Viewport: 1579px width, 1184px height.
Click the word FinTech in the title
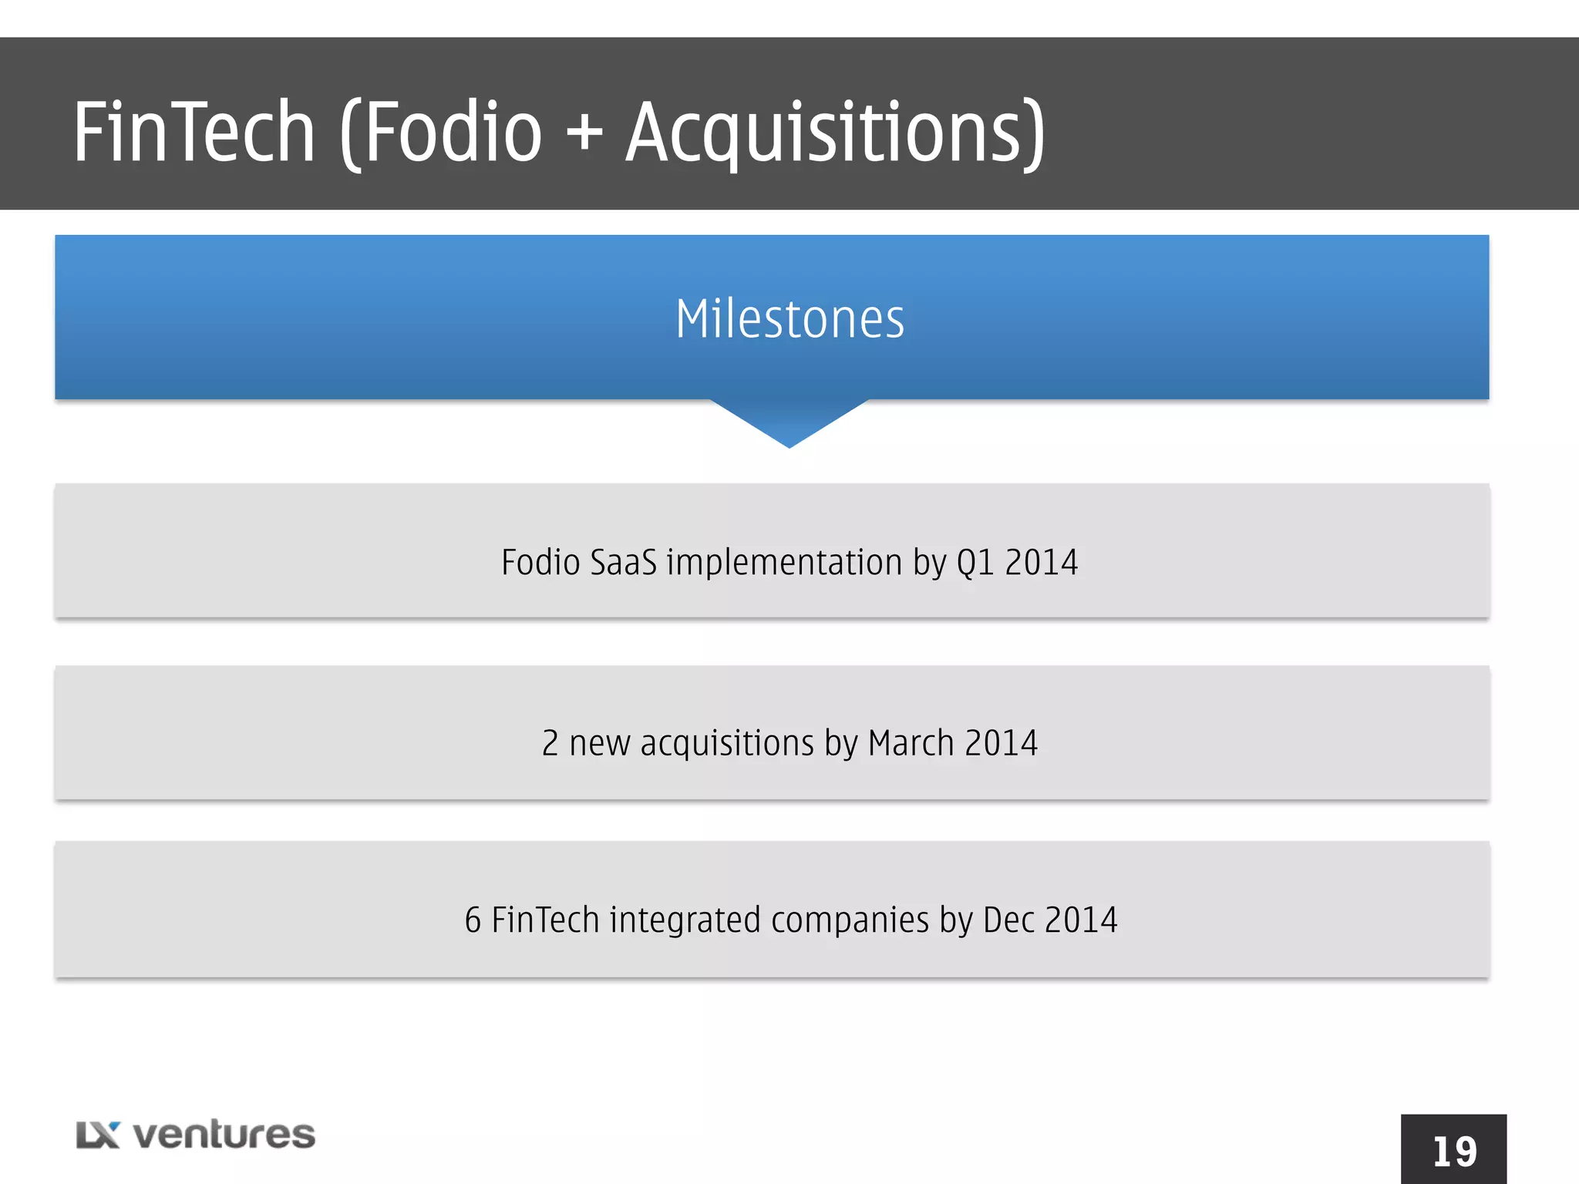point(194,133)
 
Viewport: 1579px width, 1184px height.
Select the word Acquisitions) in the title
point(835,133)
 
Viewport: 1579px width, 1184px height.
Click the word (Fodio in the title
point(441,133)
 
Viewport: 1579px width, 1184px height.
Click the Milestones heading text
point(789,319)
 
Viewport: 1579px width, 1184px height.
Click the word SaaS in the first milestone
point(623,562)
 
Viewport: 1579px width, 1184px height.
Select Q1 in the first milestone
point(975,562)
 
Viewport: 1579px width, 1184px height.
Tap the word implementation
point(784,562)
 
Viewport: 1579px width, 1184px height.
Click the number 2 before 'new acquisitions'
point(550,743)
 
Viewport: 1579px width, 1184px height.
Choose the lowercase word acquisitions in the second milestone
point(726,743)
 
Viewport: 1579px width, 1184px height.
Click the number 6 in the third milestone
point(473,920)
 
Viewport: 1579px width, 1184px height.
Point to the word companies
point(850,920)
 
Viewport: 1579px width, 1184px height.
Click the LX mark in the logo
point(98,1135)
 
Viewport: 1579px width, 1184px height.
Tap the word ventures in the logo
point(224,1135)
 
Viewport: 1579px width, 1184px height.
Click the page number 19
point(1454,1152)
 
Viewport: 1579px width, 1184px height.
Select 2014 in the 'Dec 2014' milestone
point(1081,920)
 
